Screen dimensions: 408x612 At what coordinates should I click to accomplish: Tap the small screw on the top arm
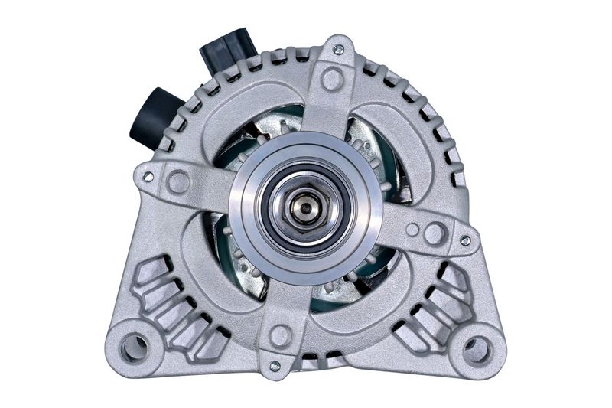click(337, 50)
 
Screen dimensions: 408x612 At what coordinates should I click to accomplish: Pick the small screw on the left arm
click(148, 177)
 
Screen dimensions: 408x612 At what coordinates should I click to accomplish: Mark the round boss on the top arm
click(332, 77)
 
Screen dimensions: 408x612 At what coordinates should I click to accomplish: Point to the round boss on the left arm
click(178, 181)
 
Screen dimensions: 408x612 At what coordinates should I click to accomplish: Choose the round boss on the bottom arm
click(281, 335)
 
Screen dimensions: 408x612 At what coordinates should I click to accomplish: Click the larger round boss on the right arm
click(435, 233)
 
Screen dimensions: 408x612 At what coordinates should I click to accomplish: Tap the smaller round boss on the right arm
click(412, 229)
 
